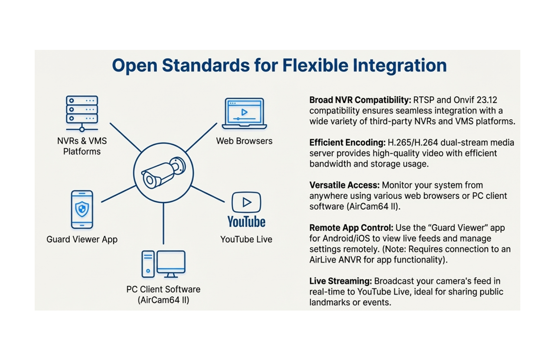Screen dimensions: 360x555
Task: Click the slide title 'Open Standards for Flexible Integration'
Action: tap(279, 66)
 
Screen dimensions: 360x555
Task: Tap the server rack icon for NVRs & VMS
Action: tap(82, 112)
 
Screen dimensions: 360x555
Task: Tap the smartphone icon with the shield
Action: tap(82, 209)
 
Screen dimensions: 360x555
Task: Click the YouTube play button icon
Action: tap(246, 202)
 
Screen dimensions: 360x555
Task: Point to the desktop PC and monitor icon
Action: tap(163, 264)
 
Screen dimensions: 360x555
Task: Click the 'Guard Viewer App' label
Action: tap(82, 239)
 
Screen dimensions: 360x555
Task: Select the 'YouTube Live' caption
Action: tap(246, 239)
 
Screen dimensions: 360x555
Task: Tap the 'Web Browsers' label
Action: tap(244, 141)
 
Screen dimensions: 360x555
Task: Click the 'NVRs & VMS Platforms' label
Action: tap(82, 146)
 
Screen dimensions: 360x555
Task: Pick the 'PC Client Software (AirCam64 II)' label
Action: tap(163, 295)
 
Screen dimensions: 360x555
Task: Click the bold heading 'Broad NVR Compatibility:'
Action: tap(360, 100)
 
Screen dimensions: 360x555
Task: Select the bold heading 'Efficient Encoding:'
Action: tap(347, 143)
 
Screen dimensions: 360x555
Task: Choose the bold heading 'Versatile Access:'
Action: tap(344, 185)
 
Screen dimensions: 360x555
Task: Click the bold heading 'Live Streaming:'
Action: tap(340, 281)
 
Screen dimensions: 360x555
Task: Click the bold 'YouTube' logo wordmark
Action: tap(246, 222)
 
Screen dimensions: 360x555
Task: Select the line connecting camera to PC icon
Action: tap(163, 223)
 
